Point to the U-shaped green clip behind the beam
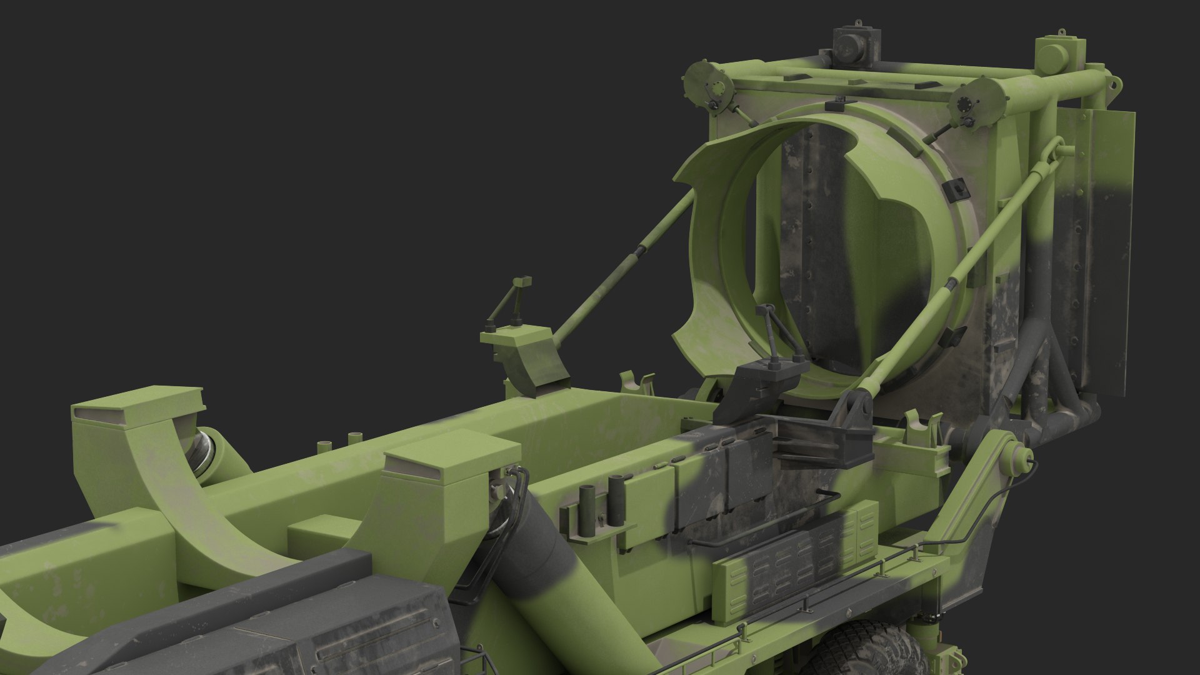coord(637,382)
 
